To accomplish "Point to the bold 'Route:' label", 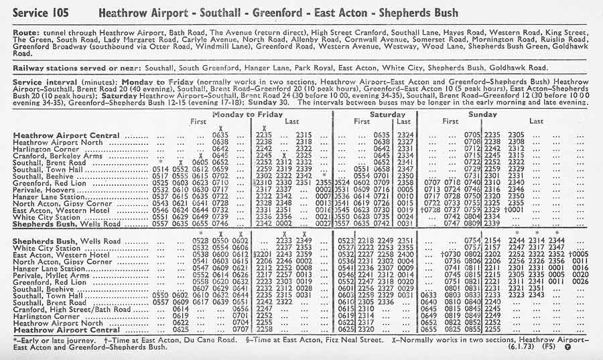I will click(27, 32).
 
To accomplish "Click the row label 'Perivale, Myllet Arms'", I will click(50, 275).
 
